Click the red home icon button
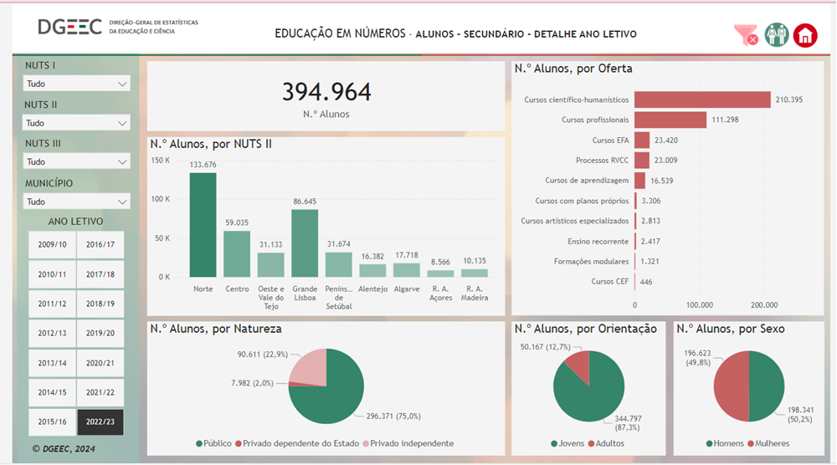click(805, 35)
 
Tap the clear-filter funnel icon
click(746, 35)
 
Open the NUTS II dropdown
click(76, 123)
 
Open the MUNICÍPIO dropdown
click(76, 202)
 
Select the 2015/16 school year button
click(52, 422)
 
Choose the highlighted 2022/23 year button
click(100, 422)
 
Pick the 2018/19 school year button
click(100, 304)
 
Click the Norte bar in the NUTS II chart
click(203, 225)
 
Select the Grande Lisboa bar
click(305, 243)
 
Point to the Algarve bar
click(407, 270)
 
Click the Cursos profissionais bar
click(670, 120)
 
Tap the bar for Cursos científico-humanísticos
click(702, 100)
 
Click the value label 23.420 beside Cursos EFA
click(666, 141)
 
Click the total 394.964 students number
click(326, 92)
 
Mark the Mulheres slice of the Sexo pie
click(732, 386)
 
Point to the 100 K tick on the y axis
click(161, 199)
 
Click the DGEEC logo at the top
click(69, 27)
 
